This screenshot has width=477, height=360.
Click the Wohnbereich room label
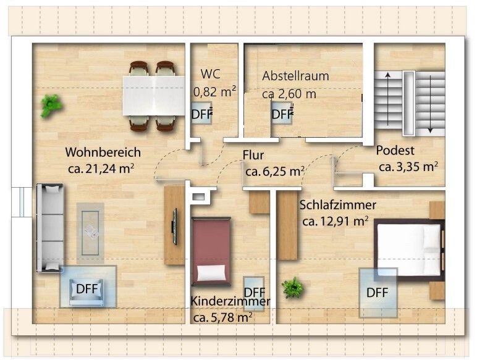pos(103,153)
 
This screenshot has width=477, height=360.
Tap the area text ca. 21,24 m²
pos(101,169)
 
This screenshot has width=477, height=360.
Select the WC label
pos(211,74)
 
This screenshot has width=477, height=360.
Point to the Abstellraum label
pos(296,76)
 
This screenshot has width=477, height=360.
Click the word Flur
pos(253,155)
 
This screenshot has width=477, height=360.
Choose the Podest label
pos(395,151)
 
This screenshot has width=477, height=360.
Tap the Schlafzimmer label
pos(338,205)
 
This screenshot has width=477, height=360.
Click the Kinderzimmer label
pos(230,301)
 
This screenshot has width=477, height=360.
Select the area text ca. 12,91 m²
pos(336,221)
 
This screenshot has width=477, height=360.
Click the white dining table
pos(154,96)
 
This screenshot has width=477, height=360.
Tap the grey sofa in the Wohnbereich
pos(50,227)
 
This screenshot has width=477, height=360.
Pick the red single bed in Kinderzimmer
pos(211,251)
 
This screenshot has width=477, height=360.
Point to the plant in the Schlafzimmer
pos(293,287)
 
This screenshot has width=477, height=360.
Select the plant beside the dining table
pos(51,106)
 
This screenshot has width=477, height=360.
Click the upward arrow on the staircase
pos(388,99)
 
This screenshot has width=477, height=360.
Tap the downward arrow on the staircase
pos(430,104)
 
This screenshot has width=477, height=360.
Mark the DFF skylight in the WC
pos(201,114)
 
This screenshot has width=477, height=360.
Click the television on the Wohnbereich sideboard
pos(175,227)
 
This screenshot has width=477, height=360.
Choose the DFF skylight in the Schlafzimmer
pos(378,293)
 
